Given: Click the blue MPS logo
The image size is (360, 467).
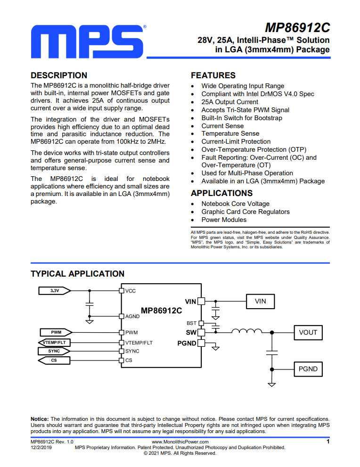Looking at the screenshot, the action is (87, 41).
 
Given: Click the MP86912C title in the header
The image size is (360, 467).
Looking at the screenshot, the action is (297, 28).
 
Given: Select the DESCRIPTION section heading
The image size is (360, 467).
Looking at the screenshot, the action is (59, 75).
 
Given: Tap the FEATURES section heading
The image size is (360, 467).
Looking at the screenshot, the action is (213, 75).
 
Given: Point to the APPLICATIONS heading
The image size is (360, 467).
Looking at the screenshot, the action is (222, 193).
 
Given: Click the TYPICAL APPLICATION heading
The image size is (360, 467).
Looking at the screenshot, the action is (77, 274).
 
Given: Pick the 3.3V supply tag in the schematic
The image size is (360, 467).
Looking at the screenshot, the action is (55, 291).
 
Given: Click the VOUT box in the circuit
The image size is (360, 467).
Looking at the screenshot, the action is (308, 332).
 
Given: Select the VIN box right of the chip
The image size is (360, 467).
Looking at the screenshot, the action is (260, 302).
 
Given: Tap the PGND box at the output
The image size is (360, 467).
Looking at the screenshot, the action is (308, 369).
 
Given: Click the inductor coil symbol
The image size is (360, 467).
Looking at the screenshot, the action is (247, 331).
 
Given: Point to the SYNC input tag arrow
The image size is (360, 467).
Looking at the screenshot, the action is (54, 351).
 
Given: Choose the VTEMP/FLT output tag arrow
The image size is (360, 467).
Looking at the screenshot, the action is (54, 343).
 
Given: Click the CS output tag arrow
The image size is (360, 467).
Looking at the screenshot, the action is (54, 360).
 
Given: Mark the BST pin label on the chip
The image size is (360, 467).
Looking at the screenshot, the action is (191, 323).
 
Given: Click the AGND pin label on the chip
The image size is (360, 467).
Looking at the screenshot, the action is (132, 316).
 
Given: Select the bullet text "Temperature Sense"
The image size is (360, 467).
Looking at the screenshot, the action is (230, 134).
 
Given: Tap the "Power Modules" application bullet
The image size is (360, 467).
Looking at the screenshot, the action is (224, 220).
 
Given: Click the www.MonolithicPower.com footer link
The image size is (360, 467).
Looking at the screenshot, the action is (180, 442).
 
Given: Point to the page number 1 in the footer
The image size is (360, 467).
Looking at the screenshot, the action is (328, 442).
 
